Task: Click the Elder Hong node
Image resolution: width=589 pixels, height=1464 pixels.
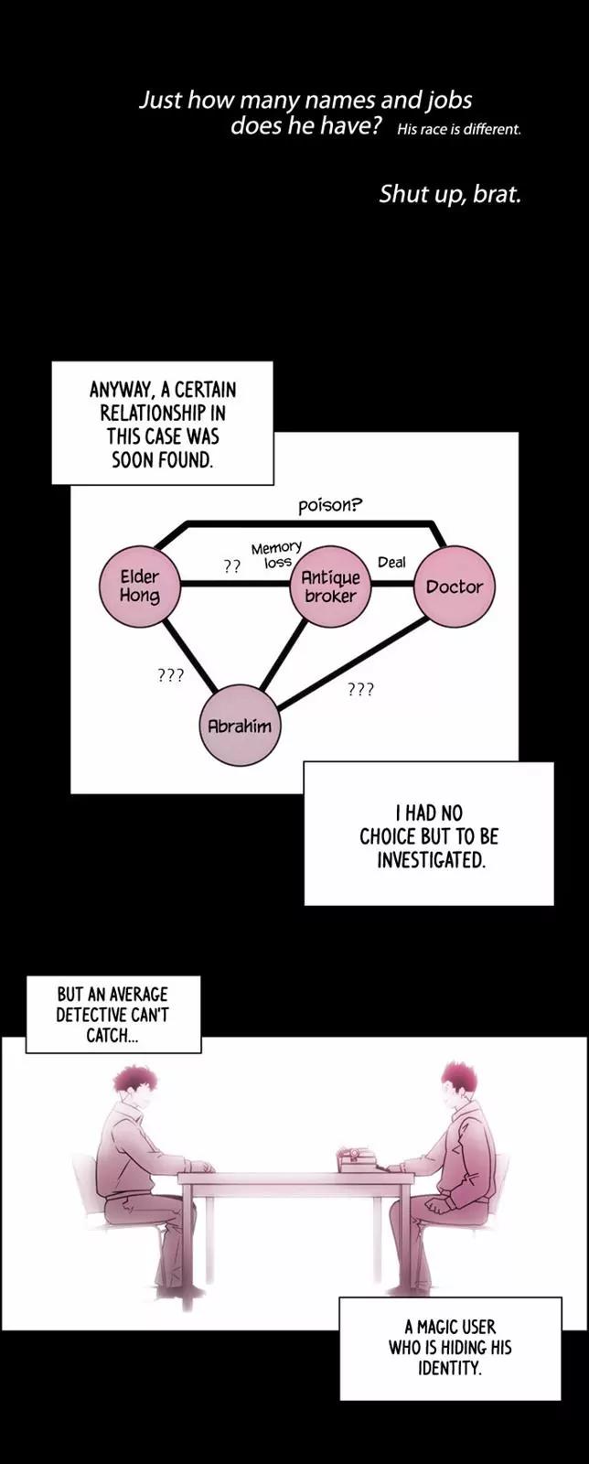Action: click(140, 586)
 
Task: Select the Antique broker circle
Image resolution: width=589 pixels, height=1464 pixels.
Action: click(330, 587)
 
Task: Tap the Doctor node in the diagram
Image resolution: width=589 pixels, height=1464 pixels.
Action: click(455, 587)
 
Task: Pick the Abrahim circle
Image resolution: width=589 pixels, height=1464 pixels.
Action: click(240, 726)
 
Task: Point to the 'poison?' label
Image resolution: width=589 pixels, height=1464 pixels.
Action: click(330, 504)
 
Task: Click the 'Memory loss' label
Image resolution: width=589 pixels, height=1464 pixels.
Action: click(276, 554)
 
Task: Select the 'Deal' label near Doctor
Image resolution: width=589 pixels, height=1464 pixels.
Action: click(391, 562)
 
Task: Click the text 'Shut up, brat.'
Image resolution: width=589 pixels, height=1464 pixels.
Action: click(450, 194)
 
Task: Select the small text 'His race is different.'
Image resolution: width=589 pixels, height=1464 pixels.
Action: click(459, 129)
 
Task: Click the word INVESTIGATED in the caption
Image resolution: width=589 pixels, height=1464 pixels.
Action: click(431, 859)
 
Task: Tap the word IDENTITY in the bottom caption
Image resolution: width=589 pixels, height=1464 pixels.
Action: click(449, 1369)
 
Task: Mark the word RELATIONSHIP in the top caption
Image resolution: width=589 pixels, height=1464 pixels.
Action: click(163, 413)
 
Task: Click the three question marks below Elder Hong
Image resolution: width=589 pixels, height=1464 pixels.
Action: click(171, 675)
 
